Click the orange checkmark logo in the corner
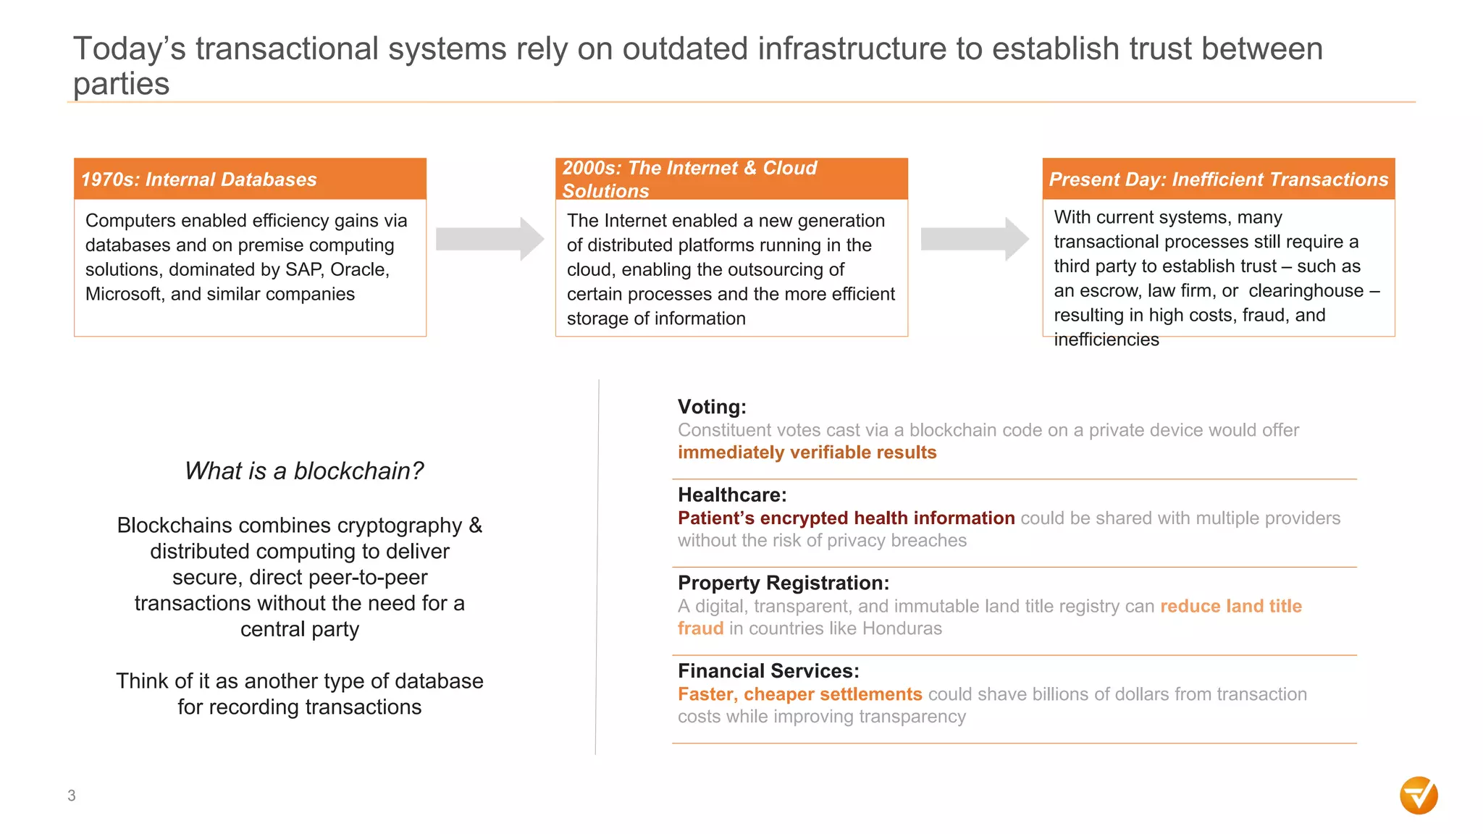[1419, 796]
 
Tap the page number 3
[72, 796]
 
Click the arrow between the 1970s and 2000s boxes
[490, 239]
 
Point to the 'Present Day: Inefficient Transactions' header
[1219, 179]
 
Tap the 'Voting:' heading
[712, 407]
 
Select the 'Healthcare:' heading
[732, 495]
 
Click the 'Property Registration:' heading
[783, 583]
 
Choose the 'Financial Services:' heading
[768, 671]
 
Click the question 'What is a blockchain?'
[304, 471]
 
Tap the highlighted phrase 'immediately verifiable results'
[807, 452]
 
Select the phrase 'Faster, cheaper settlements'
[799, 694]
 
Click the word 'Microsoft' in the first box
[124, 295]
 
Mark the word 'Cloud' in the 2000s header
[789, 168]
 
